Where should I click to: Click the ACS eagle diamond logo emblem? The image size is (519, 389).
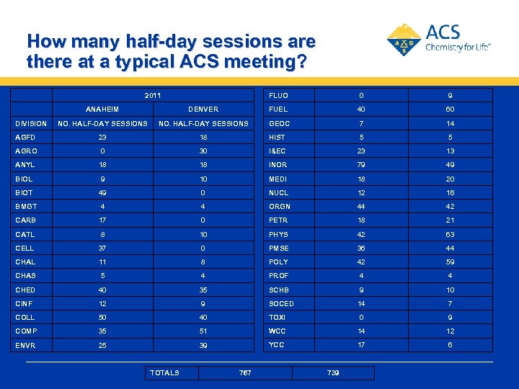coord(404,40)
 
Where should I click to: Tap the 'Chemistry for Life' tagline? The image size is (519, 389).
coord(458,47)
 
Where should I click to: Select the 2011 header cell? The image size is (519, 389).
coord(153,95)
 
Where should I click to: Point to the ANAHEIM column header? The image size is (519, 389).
coord(103,109)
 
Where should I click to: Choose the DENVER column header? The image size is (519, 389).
coord(203,109)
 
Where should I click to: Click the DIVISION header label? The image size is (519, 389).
coord(31,123)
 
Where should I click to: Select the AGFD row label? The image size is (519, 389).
coord(26,137)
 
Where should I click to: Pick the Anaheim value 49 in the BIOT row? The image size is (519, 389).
coord(102,193)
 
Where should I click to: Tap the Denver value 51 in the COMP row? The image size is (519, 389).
coord(203,331)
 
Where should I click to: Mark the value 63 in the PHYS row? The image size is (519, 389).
coord(450,234)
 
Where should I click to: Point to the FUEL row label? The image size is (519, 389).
coord(278,109)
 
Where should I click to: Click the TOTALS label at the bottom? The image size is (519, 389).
coord(165,372)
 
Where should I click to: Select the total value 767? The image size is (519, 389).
coord(245,372)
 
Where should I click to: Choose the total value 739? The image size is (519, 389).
coord(333,372)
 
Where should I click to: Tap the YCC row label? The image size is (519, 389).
coord(278,345)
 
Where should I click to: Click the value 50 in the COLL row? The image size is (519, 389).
coord(102,318)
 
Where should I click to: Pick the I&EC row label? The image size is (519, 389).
coord(278,151)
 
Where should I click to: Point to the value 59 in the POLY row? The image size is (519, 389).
coord(450,262)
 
